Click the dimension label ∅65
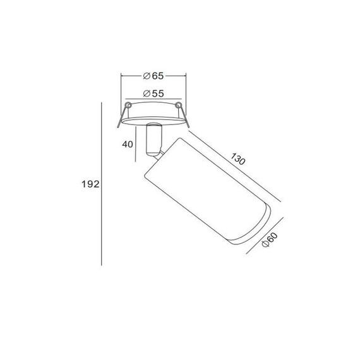point(153,76)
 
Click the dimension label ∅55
point(153,93)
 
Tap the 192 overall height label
point(90,184)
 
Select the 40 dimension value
point(128,145)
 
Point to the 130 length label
point(238,159)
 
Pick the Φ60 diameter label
point(270,240)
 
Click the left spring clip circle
point(128,105)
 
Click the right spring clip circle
point(178,105)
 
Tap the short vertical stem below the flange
point(155,140)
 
